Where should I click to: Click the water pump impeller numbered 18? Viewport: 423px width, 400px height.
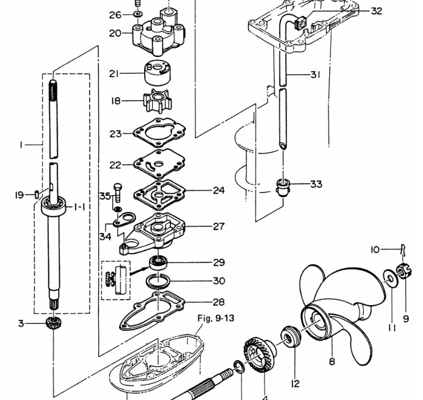(158, 101)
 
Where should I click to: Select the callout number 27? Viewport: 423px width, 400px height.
(219, 227)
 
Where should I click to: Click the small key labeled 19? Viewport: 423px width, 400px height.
(37, 195)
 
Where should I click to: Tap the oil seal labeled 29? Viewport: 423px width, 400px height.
(158, 263)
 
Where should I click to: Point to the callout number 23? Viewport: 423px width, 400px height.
(116, 134)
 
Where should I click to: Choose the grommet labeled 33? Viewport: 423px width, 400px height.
(283, 187)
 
